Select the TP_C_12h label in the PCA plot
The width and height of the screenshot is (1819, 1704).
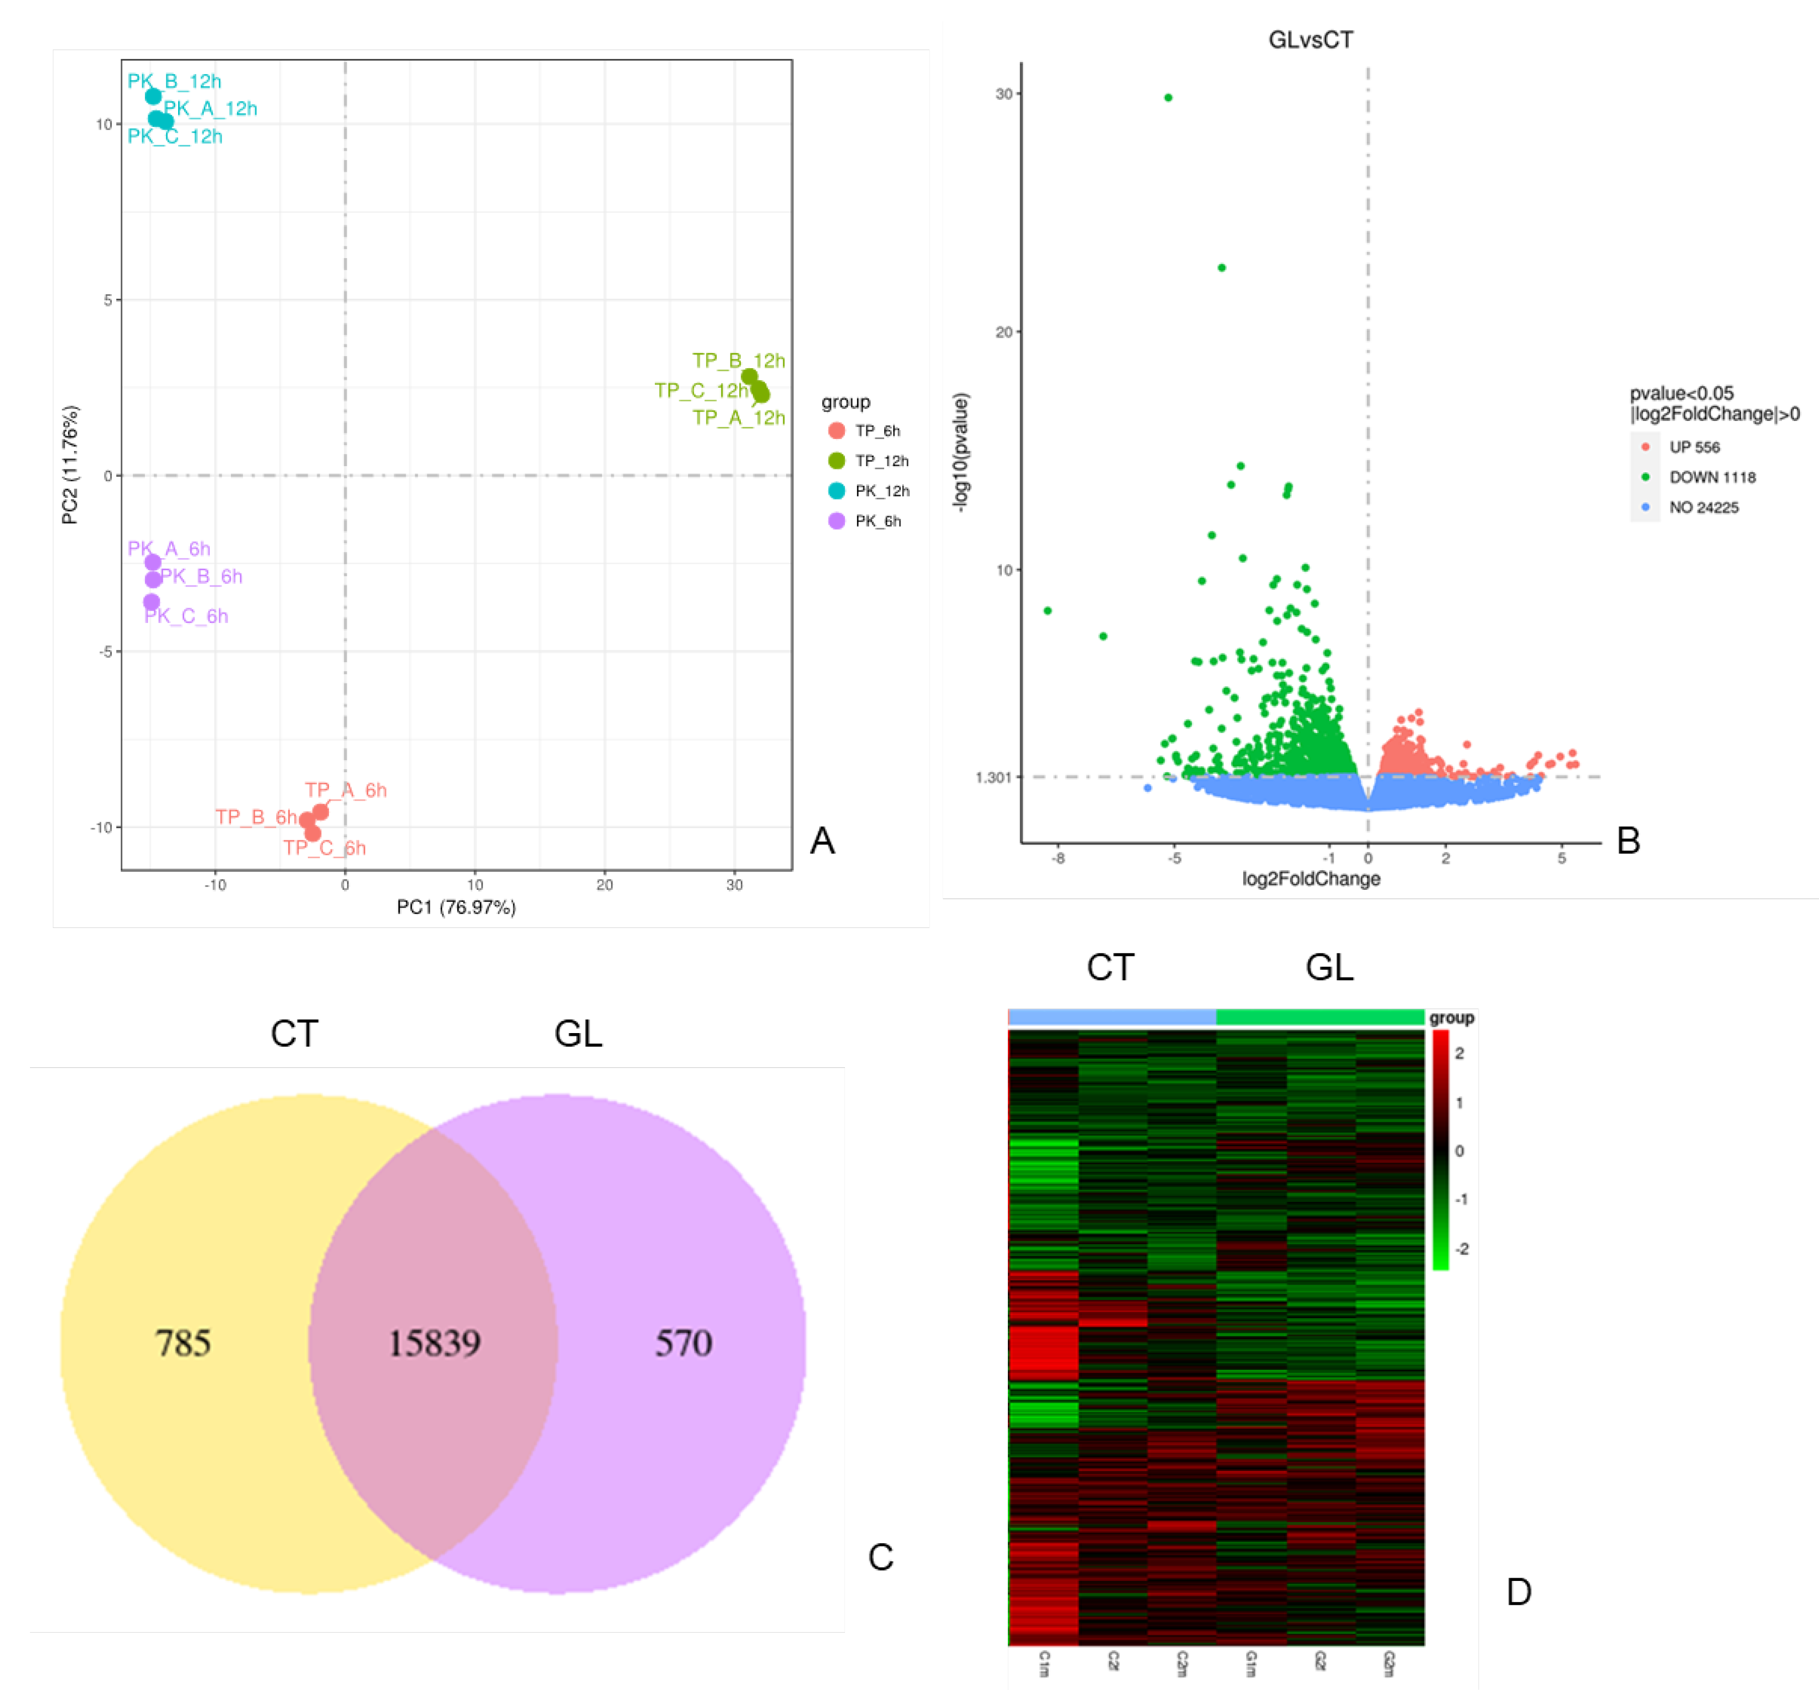coord(701,390)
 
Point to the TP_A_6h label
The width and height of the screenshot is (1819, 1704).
coord(346,789)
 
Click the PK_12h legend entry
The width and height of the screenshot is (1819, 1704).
coord(881,491)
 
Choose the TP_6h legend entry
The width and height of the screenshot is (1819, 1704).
coord(877,431)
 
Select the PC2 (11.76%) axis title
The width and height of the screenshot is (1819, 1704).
coord(70,465)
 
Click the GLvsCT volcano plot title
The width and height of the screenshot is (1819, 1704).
coord(1310,39)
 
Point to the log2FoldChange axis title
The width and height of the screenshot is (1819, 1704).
coord(1310,879)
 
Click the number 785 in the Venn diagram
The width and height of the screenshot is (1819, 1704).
coord(183,1343)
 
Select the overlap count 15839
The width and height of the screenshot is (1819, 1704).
coord(435,1343)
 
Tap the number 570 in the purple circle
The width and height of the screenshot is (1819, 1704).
coord(684,1343)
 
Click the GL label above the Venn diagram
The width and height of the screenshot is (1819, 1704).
coord(578,1034)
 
